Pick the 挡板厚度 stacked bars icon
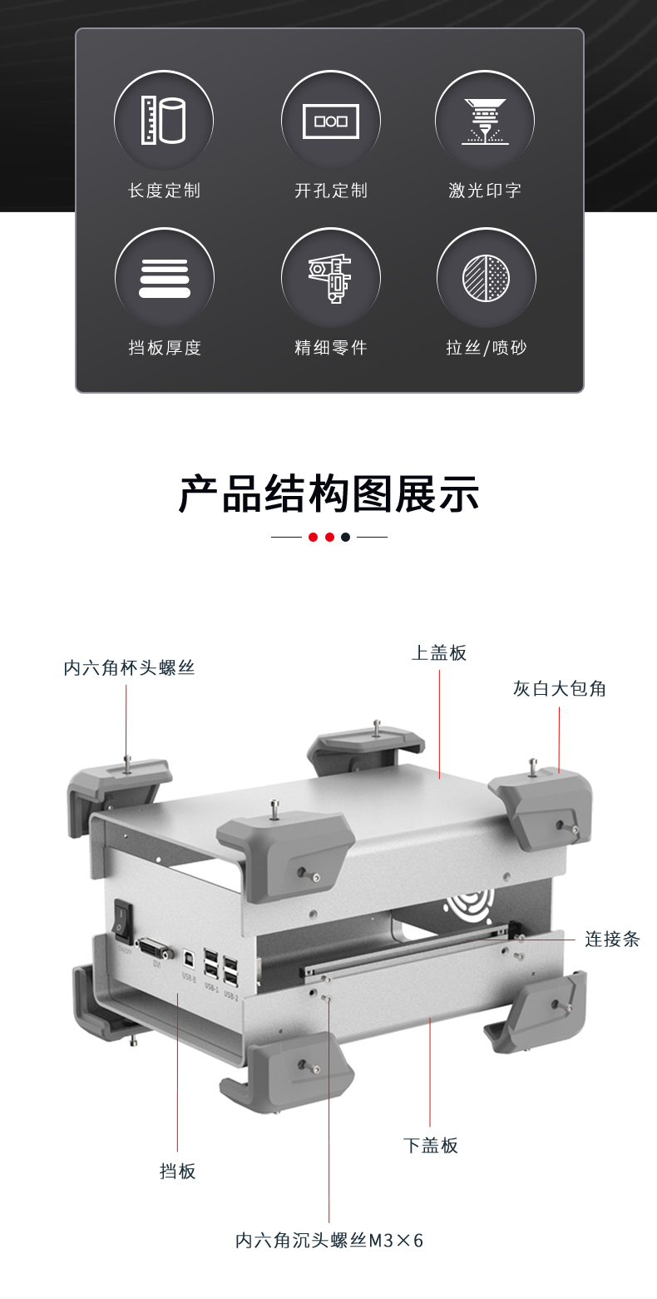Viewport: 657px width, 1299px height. click(x=164, y=278)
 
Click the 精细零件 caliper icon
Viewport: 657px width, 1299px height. click(x=330, y=278)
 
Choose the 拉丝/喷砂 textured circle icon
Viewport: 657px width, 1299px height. click(x=486, y=278)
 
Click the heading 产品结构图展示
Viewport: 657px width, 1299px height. click(x=328, y=493)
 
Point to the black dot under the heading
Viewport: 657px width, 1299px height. click(x=345, y=537)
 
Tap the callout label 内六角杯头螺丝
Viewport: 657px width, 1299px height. click(x=129, y=668)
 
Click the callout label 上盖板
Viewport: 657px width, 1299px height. click(x=439, y=653)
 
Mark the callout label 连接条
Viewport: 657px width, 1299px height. click(x=611, y=940)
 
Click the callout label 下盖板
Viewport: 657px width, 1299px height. click(x=430, y=1146)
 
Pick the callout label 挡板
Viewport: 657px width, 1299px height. click(x=177, y=1172)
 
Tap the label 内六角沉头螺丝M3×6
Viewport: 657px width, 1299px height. click(x=329, y=1241)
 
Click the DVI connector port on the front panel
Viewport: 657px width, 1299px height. click(x=156, y=949)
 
